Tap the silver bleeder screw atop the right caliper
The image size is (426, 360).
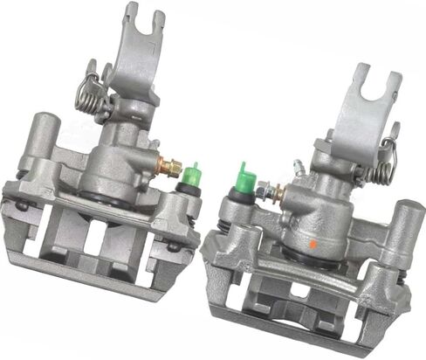pos(299,165)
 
